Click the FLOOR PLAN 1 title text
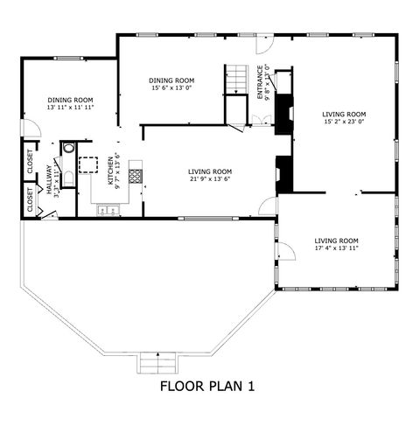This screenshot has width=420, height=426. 206,384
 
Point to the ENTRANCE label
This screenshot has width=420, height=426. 260,82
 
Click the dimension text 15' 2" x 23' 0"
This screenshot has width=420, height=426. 344,122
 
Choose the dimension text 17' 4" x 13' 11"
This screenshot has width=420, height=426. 337,248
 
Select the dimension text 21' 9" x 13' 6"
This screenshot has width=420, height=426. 211,179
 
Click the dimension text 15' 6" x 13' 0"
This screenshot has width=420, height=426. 171,87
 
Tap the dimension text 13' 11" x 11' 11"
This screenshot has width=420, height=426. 71,107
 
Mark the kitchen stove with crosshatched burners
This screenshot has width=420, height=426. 136,175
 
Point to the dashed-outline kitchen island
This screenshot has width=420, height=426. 89,165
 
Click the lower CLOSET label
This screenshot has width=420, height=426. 31,202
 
